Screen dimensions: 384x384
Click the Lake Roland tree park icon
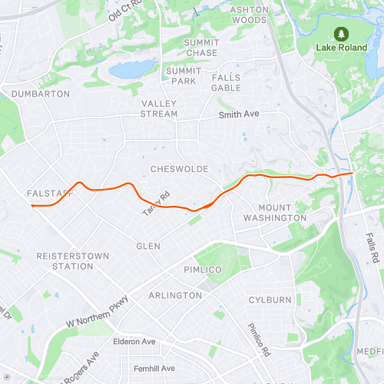pyautogui.click(x=340, y=34)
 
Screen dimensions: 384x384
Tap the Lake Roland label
pyautogui.click(x=340, y=47)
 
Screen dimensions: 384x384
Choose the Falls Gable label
pyautogui.click(x=226, y=82)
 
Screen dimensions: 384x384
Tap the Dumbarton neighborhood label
pyautogui.click(x=40, y=94)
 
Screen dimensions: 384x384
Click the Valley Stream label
pyautogui.click(x=159, y=108)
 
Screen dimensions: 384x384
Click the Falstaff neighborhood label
pyautogui.click(x=49, y=194)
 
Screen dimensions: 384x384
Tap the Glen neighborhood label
pyautogui.click(x=148, y=246)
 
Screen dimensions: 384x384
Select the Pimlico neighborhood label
pyautogui.click(x=202, y=270)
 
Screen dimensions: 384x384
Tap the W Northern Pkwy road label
pyautogui.click(x=101, y=308)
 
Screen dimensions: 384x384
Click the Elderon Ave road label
pyautogui.click(x=134, y=341)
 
